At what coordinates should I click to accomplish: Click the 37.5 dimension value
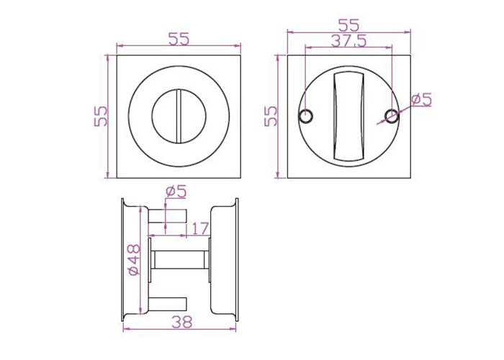(348, 41)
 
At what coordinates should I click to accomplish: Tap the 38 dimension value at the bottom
(182, 322)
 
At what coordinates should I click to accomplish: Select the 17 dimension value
(200, 228)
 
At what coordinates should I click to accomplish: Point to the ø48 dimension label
(134, 260)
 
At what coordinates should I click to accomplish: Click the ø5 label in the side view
(176, 192)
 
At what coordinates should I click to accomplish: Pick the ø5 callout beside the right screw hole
(421, 99)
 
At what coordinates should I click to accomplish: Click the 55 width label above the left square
(179, 39)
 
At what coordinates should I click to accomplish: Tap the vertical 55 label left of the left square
(100, 116)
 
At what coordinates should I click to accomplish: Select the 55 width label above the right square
(348, 25)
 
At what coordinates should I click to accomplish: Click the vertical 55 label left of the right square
(271, 116)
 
